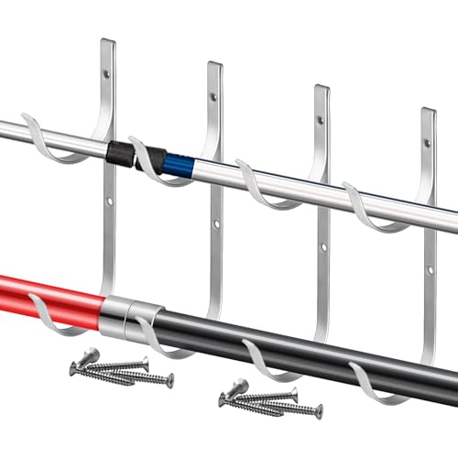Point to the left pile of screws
[119, 368]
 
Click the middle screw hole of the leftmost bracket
[107, 200]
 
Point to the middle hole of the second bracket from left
[214, 224]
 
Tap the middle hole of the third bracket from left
[322, 247]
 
